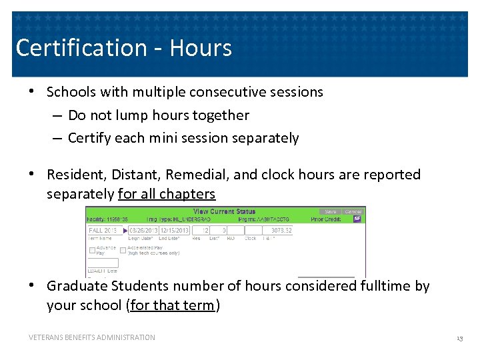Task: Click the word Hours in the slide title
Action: pos(201,48)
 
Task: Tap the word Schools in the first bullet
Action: pos(71,92)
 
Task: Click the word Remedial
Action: pos(197,175)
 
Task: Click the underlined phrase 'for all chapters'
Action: pos(167,194)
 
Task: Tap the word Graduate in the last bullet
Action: pos(77,286)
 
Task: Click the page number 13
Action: pos(459,339)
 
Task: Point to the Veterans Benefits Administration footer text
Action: pos(92,337)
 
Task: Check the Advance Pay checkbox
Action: pos(92,250)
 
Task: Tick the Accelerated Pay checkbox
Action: pos(123,250)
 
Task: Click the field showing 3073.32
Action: pos(279,230)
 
